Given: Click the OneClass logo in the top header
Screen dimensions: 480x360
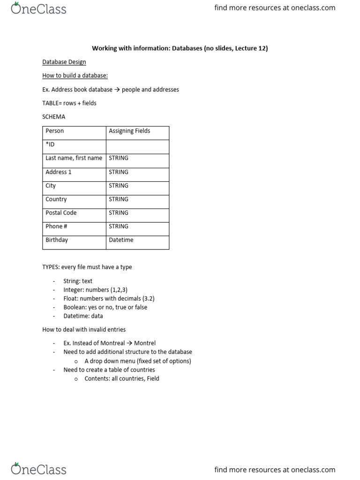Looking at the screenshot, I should pos(38,8).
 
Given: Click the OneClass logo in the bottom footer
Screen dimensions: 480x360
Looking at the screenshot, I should pos(38,469).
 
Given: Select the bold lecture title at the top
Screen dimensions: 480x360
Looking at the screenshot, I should pos(180,48).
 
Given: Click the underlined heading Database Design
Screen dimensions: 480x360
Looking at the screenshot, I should pos(64,62).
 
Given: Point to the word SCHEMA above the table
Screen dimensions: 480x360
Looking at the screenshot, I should pos(54,117).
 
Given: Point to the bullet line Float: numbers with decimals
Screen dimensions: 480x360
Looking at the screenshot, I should pos(109,299).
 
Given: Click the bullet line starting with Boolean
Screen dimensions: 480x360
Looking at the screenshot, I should pos(105,307).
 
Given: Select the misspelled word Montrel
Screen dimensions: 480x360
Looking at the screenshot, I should pos(145,343).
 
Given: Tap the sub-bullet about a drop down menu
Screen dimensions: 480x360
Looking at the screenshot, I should pos(137,361).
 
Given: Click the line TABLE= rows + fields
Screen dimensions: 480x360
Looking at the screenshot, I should pos(69,103).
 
